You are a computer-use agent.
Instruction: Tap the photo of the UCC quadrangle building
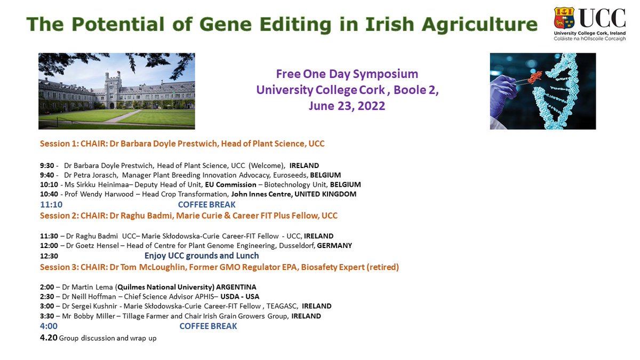[x=116, y=91]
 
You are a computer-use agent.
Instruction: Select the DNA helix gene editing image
[x=542, y=91]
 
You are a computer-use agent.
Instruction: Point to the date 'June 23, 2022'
[x=347, y=106]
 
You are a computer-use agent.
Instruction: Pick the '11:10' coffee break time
[x=52, y=204]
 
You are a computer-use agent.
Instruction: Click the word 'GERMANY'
[x=334, y=245]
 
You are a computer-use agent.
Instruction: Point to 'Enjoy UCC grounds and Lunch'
[x=202, y=256]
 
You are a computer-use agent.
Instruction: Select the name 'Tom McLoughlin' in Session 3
[x=157, y=267]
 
